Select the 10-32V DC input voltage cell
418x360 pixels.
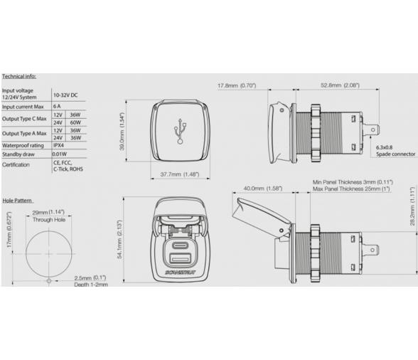pyautogui.click(x=66, y=95)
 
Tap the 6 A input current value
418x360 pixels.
pyautogui.click(x=57, y=106)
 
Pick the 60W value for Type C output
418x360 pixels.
pyautogui.click(x=75, y=122)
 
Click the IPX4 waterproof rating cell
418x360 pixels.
pyautogui.click(x=60, y=144)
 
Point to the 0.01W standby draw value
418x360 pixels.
pyautogui.click(x=61, y=153)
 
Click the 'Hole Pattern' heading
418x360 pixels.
pyautogui.click(x=18, y=201)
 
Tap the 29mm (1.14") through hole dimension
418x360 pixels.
pyautogui.click(x=48, y=213)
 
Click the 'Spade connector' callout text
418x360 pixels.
pyautogui.click(x=395, y=154)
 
